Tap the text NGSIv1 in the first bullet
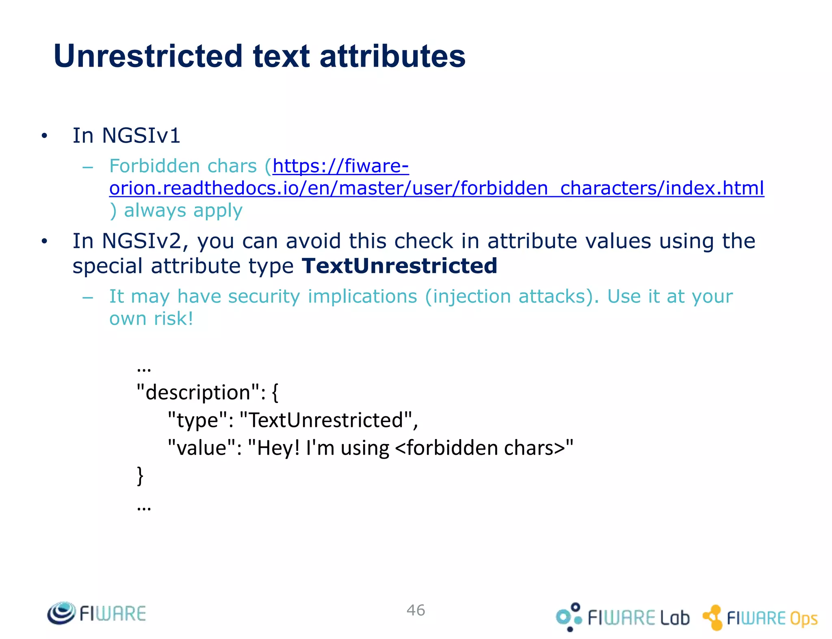click(141, 135)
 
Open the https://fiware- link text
click(340, 166)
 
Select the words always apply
click(183, 210)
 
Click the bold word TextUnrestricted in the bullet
click(399, 266)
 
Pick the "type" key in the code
click(197, 420)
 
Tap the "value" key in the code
click(201, 448)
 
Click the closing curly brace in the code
click(140, 475)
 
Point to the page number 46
click(416, 610)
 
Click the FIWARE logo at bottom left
click(97, 613)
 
